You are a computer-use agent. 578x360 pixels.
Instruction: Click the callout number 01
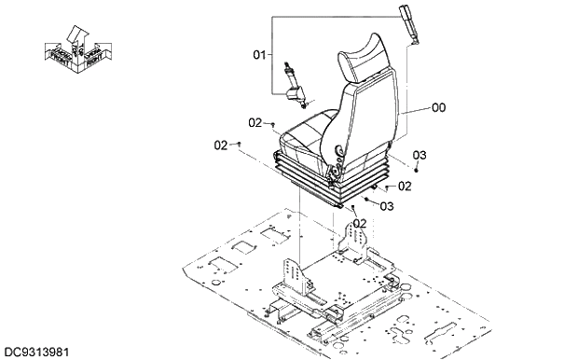tap(259, 56)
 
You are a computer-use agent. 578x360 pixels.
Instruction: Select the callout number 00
tap(438, 108)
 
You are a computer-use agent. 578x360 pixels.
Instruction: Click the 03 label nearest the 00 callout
tap(420, 155)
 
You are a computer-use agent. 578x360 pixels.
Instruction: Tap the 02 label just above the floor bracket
tap(359, 223)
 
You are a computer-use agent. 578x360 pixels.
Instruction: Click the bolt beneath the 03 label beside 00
tap(417, 171)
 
